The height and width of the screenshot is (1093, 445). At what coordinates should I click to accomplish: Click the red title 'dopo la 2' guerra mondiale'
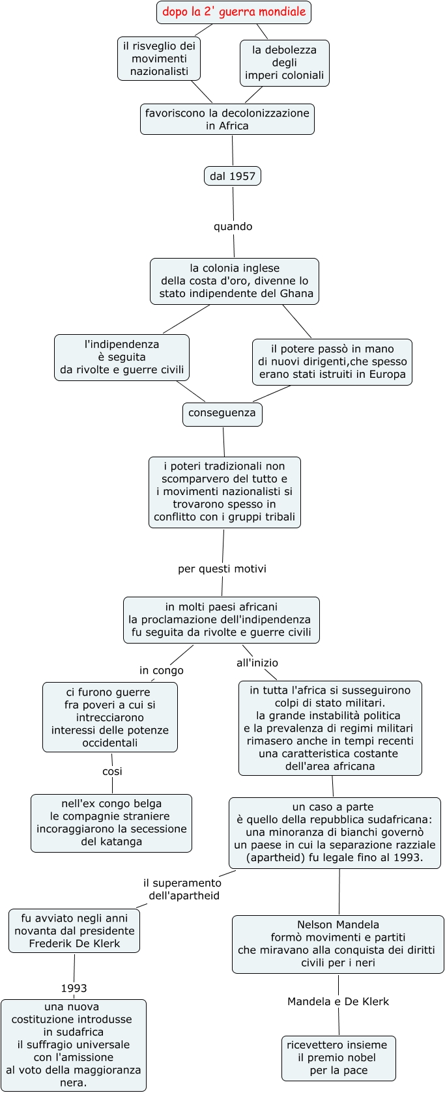(x=234, y=12)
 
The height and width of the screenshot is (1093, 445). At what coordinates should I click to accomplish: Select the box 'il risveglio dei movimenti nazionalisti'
(x=159, y=59)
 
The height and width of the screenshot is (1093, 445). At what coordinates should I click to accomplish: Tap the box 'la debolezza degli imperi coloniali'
(x=284, y=63)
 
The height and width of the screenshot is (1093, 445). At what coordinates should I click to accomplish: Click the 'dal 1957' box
(x=233, y=176)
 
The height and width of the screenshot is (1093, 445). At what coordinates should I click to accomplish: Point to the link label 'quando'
(x=233, y=227)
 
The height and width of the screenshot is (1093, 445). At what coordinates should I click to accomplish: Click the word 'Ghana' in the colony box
(x=296, y=294)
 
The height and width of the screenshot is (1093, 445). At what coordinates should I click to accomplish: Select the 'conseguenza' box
(x=222, y=413)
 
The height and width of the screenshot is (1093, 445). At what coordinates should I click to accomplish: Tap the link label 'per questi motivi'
(x=222, y=569)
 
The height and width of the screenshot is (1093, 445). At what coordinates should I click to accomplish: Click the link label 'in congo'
(x=162, y=670)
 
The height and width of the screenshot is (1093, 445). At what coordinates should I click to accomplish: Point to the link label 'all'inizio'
(x=257, y=662)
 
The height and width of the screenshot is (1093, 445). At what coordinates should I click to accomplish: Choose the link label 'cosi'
(x=112, y=771)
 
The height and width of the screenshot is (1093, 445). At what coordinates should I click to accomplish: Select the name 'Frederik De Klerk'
(x=74, y=943)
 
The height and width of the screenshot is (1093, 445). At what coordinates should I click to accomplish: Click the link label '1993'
(x=74, y=988)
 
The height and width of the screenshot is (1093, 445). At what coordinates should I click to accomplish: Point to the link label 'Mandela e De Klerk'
(x=337, y=1001)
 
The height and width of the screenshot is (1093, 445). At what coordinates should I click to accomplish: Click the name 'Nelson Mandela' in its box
(x=337, y=924)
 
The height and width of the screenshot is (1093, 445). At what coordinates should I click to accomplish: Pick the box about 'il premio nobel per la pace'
(x=338, y=1057)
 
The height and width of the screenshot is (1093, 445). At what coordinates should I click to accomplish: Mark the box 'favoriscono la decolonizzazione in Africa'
(x=227, y=119)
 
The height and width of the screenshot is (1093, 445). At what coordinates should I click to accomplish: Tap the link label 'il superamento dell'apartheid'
(x=183, y=889)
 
